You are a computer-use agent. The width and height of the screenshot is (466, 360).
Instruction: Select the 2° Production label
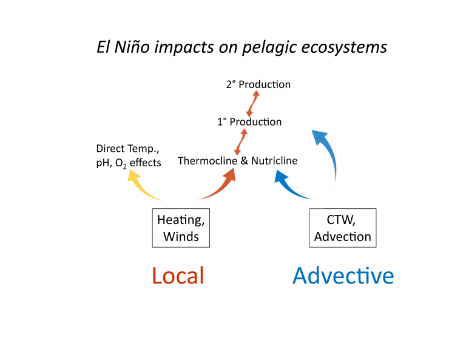click(x=258, y=84)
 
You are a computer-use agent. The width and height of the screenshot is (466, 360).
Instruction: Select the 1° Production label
click(x=249, y=121)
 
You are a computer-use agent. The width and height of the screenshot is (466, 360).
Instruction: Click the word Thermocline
click(x=207, y=161)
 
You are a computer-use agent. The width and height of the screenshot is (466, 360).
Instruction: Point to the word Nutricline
click(x=274, y=161)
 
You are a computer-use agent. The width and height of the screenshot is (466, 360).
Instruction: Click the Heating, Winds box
click(x=181, y=228)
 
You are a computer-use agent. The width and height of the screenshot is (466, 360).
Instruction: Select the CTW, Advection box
click(x=342, y=228)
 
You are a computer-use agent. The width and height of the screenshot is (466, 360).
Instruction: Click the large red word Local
click(x=178, y=276)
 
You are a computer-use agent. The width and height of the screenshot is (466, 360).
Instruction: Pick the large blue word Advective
click(x=343, y=276)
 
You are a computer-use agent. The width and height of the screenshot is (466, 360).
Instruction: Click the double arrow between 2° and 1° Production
click(x=252, y=103)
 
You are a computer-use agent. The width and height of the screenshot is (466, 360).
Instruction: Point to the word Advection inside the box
click(x=342, y=236)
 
